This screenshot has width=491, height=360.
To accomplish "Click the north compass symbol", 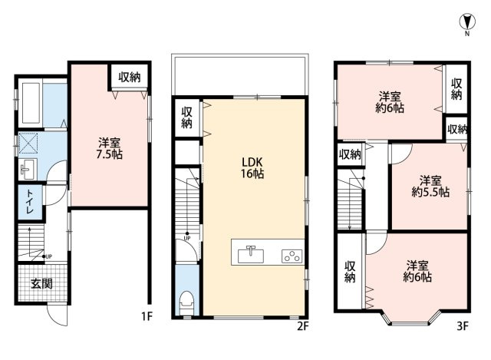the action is (x=467, y=21).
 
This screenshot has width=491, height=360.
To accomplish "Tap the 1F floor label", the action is (x=147, y=316).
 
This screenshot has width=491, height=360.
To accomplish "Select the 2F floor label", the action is (x=303, y=326).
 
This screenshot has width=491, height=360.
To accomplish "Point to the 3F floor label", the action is (x=463, y=326).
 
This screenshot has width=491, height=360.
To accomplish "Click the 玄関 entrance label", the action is (x=41, y=284).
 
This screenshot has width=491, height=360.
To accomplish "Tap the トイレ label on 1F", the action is (x=30, y=201).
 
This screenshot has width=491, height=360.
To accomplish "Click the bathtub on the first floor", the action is (x=31, y=103).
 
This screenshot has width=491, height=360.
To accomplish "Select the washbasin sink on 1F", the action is (x=28, y=169).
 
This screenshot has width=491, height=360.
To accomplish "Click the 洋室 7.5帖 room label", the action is (x=109, y=148).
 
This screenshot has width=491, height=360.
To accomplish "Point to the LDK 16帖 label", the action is (x=252, y=167).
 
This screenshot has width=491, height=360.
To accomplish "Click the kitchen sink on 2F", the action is (x=251, y=255).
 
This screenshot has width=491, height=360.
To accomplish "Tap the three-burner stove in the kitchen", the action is (x=292, y=256).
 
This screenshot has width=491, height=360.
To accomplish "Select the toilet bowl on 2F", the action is (x=186, y=302).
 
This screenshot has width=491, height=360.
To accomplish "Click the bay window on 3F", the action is (x=410, y=318).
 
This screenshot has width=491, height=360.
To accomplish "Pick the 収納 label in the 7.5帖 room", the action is (x=130, y=77).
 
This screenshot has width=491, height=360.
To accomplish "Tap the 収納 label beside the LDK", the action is (x=186, y=117).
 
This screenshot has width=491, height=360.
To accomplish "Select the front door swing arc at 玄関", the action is (x=56, y=315).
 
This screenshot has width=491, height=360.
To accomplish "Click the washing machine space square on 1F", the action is (x=28, y=143).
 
